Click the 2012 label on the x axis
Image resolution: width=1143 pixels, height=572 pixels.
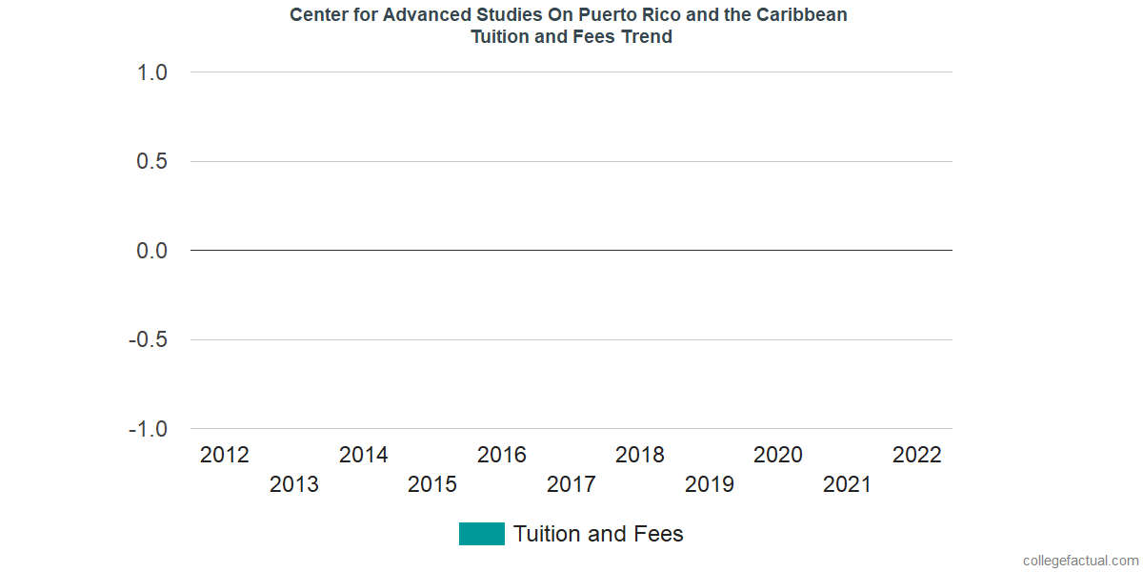[x=225, y=455]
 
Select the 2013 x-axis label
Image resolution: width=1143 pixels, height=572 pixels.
[x=294, y=484]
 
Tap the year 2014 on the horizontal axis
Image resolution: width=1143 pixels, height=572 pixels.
[x=364, y=455]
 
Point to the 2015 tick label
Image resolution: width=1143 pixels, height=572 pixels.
[x=432, y=484]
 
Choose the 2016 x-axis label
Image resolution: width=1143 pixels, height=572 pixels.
[x=502, y=455]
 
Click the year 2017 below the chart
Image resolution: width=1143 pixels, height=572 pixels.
[x=571, y=484]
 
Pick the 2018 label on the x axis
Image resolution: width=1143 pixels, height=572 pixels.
[x=640, y=455]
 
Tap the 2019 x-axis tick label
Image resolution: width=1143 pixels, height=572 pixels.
[x=710, y=484]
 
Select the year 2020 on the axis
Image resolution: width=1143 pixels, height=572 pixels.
[x=778, y=455]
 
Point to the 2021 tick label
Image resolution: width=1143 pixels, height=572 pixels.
[x=848, y=484]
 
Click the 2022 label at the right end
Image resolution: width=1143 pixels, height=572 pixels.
[x=917, y=455]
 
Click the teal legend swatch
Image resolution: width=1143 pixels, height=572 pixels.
[x=481, y=534]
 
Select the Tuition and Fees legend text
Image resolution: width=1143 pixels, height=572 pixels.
[x=598, y=534]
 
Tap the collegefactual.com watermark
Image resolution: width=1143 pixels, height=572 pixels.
[x=1080, y=561]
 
